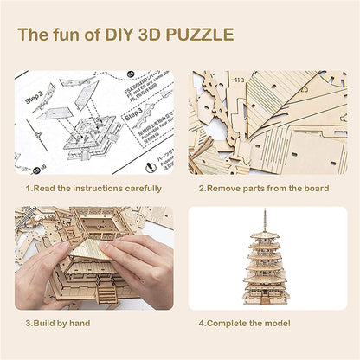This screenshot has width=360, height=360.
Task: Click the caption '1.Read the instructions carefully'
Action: (x=93, y=188)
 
